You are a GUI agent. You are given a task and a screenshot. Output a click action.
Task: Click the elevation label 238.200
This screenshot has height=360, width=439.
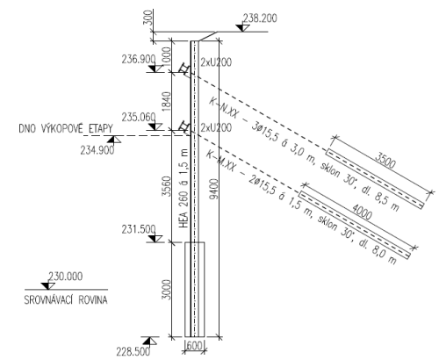point(260,18)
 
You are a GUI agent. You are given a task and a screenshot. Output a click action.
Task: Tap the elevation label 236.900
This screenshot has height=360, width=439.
point(139,60)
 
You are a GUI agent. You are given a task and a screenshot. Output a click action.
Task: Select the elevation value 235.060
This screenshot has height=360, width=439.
point(139,118)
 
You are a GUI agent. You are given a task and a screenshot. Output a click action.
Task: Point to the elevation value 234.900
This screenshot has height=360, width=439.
point(97,150)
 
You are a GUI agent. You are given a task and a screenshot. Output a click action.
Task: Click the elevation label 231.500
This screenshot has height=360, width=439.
point(139,229)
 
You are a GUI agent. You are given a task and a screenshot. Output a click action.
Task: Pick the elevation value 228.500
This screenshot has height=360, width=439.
point(133,351)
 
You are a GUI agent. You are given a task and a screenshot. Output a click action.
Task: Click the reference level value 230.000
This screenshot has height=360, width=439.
point(65,277)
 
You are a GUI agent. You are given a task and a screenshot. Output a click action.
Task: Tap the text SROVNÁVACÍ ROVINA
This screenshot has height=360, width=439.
point(66,300)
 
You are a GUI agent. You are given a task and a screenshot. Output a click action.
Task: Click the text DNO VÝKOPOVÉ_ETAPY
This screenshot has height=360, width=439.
point(66,128)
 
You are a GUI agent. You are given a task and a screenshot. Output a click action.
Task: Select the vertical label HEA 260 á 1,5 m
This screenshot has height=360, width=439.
point(184,188)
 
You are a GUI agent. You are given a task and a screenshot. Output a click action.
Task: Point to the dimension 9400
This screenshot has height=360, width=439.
point(214,189)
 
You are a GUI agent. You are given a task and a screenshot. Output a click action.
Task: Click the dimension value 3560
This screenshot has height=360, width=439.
point(166,186)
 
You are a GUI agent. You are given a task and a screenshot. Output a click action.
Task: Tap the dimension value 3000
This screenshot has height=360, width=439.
point(166,290)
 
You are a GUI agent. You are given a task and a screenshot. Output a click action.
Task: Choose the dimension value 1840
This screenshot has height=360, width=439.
point(166,101)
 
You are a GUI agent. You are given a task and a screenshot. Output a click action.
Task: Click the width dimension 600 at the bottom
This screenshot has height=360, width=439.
point(194,346)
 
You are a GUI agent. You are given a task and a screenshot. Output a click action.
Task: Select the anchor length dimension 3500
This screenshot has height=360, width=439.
point(385,160)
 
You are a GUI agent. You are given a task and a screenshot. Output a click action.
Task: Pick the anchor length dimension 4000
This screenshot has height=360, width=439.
point(362,211)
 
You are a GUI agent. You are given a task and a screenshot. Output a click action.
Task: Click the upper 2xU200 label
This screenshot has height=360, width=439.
point(216,62)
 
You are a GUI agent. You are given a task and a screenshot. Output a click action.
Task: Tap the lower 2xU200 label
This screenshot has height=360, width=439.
point(216,127)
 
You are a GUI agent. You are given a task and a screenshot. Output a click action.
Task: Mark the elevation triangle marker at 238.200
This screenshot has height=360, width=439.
point(242,28)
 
